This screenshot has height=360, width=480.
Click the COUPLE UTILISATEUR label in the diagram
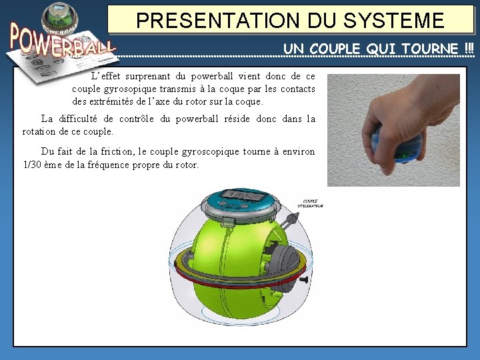[x=312, y=204]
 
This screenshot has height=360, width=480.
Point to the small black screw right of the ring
[x=304, y=281]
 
